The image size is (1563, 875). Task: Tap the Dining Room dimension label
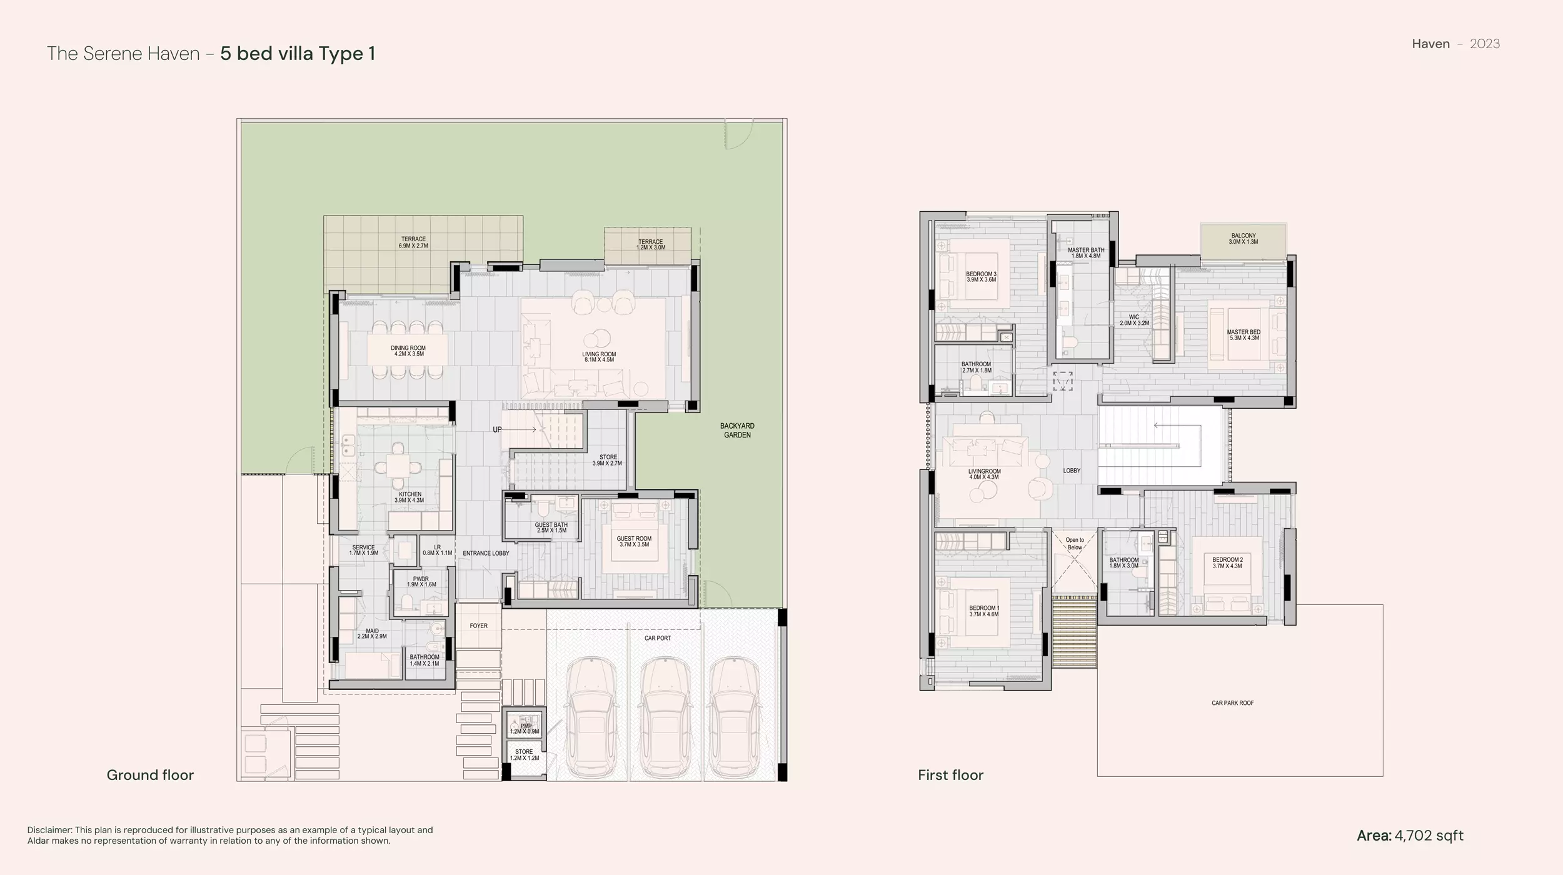click(409, 354)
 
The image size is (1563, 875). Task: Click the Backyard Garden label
click(737, 431)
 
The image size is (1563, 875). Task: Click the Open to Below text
click(1075, 544)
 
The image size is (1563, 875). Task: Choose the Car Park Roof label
click(1233, 703)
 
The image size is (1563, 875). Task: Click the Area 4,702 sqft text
click(1410, 836)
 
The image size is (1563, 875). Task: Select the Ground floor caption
click(150, 775)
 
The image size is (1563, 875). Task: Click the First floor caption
click(950, 775)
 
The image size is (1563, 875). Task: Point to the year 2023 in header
click(1485, 44)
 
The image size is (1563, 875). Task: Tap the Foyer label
click(479, 626)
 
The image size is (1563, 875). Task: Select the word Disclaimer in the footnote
click(49, 830)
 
